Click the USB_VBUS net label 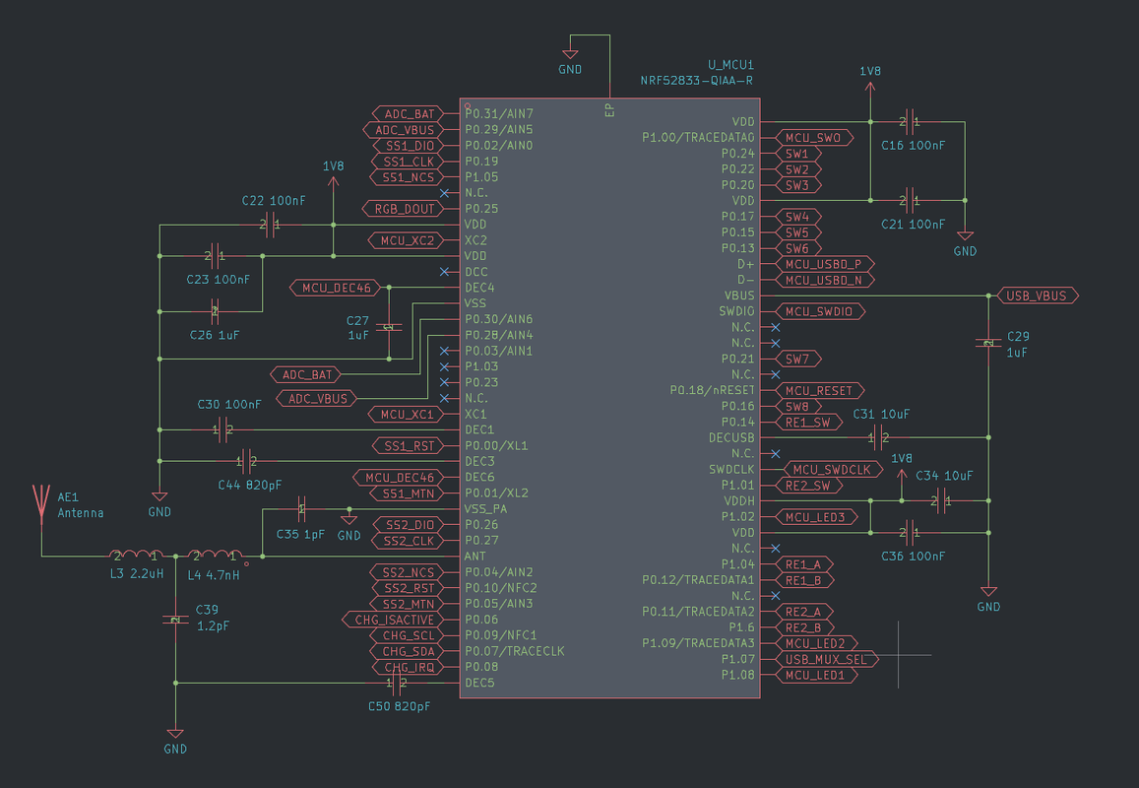1038,295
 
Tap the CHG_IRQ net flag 408,667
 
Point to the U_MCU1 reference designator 730,63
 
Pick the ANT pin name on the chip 475,557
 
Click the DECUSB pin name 731,437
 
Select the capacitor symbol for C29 987,343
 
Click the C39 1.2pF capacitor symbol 174,620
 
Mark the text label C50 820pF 399,706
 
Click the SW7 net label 797,359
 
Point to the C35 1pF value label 300,534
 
